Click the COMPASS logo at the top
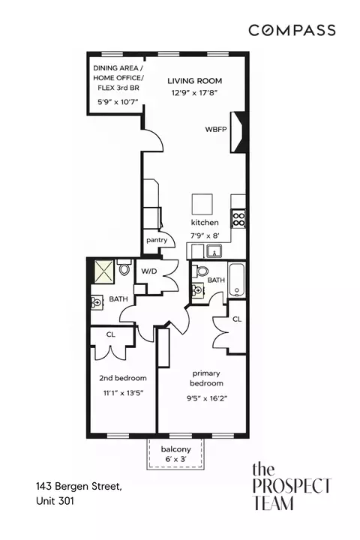click(x=292, y=30)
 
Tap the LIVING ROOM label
click(x=195, y=81)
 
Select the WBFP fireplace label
click(x=216, y=130)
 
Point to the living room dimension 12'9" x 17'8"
click(x=195, y=94)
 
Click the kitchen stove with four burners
click(x=239, y=218)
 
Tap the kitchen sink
click(x=211, y=251)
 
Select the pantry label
click(x=157, y=240)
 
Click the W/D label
click(x=149, y=271)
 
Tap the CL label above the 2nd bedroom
click(x=110, y=334)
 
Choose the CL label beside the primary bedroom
click(x=236, y=319)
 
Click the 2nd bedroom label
click(x=123, y=378)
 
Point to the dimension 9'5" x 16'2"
click(x=208, y=398)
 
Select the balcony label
click(x=175, y=450)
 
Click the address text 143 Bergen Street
click(x=78, y=487)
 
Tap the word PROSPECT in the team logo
click(x=292, y=486)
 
